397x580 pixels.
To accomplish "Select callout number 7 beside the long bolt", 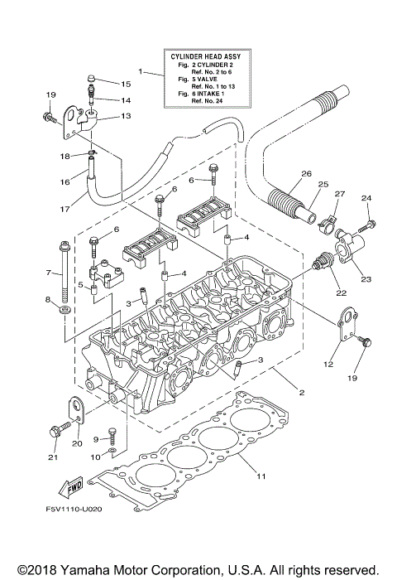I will (49, 271).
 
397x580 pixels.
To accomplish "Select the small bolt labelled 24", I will (369, 225).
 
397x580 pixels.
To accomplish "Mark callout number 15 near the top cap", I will (127, 84).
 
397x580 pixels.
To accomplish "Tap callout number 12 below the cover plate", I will (328, 364).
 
